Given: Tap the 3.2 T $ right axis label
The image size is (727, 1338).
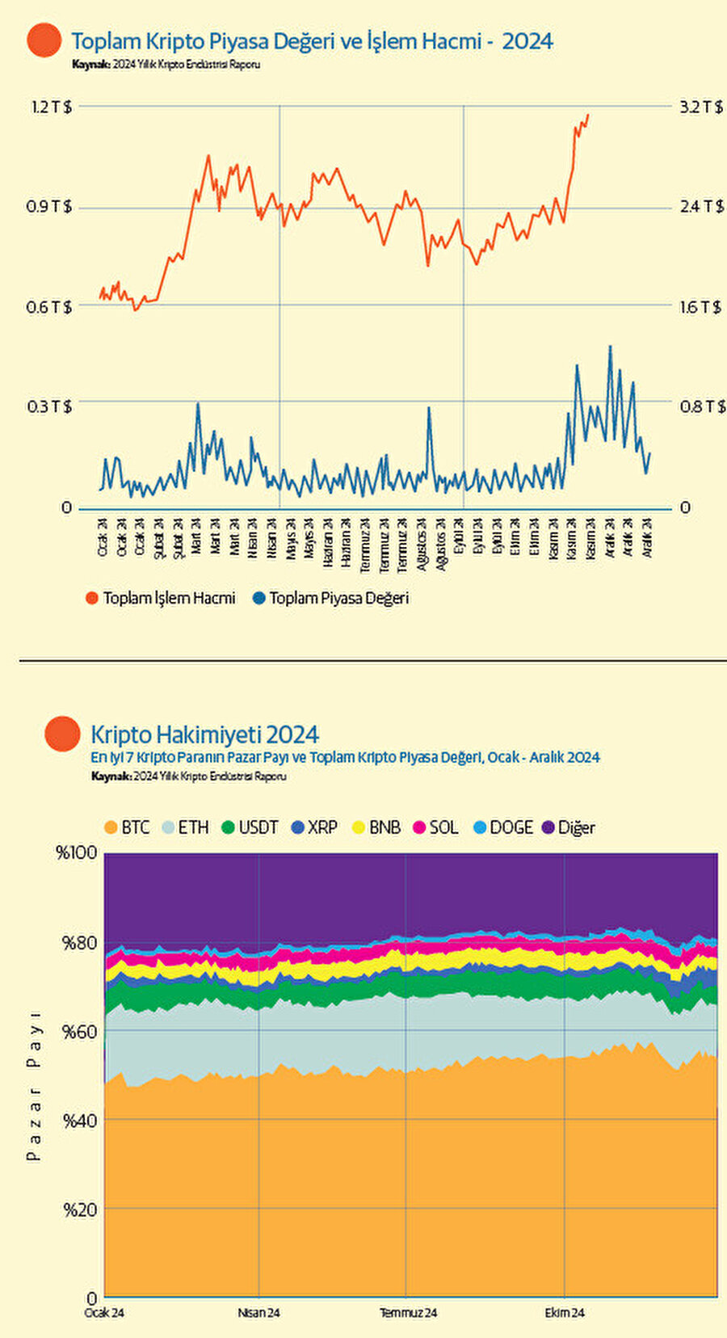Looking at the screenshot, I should [701, 107].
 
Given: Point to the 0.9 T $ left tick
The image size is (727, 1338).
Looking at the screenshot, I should [49, 207].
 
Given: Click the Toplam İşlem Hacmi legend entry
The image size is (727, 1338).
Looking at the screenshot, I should [161, 599].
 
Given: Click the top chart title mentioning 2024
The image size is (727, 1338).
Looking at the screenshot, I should [312, 41].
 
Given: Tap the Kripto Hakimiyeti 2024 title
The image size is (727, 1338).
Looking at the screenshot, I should [204, 734].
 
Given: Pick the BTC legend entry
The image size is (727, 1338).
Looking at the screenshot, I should [128, 827].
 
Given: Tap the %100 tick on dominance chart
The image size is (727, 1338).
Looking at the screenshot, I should [77, 853].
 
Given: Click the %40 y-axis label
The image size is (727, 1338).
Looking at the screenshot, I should [80, 1121].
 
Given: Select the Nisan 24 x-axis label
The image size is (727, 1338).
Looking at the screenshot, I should [258, 1313].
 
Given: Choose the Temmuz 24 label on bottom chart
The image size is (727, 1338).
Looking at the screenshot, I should [408, 1313].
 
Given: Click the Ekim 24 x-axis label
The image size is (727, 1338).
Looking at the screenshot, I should [564, 1313].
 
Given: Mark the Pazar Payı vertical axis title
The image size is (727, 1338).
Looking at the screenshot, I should [34, 1086].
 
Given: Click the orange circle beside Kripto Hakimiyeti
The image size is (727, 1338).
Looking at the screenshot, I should [63, 734].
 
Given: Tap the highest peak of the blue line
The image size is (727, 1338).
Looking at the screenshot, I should [610, 347].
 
